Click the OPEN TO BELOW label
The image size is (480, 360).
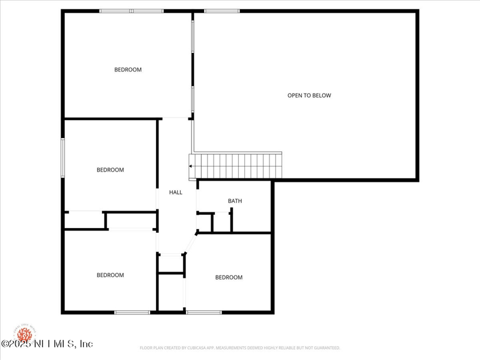[x=309, y=95]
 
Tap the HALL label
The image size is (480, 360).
[x=176, y=193]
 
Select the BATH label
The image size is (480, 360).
[x=235, y=201]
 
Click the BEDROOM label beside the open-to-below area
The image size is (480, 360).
[x=128, y=70]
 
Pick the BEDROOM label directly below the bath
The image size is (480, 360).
[x=229, y=277]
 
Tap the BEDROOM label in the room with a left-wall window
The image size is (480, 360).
[x=110, y=170]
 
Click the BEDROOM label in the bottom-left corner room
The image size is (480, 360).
[x=110, y=275]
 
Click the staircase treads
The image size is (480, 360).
[x=237, y=165]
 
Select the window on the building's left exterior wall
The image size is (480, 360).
[x=62, y=157]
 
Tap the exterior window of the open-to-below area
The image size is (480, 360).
[x=221, y=11]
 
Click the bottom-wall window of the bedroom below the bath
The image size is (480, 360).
[x=204, y=312]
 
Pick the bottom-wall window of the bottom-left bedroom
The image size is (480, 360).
[x=132, y=312]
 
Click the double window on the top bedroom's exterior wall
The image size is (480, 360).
[x=131, y=11]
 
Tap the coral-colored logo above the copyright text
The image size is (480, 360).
[x=25, y=333]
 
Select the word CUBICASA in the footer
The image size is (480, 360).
[x=211, y=348]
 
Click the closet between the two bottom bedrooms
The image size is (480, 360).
[x=171, y=292]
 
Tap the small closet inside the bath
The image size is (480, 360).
[x=222, y=222]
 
